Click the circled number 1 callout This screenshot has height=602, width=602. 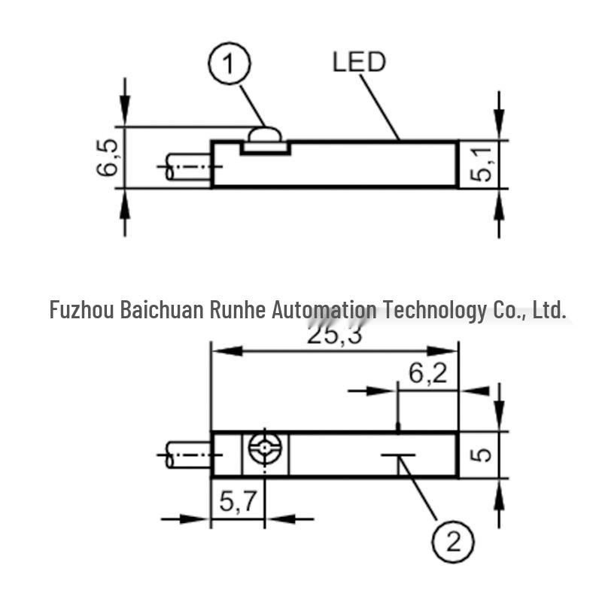230,63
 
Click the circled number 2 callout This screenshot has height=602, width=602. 453,542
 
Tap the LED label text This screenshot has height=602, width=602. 359,62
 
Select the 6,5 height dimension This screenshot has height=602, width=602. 107,157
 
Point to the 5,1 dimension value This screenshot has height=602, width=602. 481,164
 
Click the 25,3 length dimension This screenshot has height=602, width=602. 334,336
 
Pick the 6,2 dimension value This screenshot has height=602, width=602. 427,373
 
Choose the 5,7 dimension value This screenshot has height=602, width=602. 238,501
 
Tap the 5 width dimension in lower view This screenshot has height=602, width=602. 481,455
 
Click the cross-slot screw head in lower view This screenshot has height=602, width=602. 265,448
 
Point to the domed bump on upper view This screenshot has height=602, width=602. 265,135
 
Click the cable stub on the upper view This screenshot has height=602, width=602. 189,166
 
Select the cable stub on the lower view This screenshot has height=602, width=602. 189,455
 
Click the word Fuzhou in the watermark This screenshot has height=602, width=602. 82,309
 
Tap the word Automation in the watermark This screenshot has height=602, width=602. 324,309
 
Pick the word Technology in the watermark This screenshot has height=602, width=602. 435,311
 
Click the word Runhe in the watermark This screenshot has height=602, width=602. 238,309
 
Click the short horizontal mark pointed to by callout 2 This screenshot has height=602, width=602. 398,455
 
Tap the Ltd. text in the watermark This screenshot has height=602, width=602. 549,309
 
